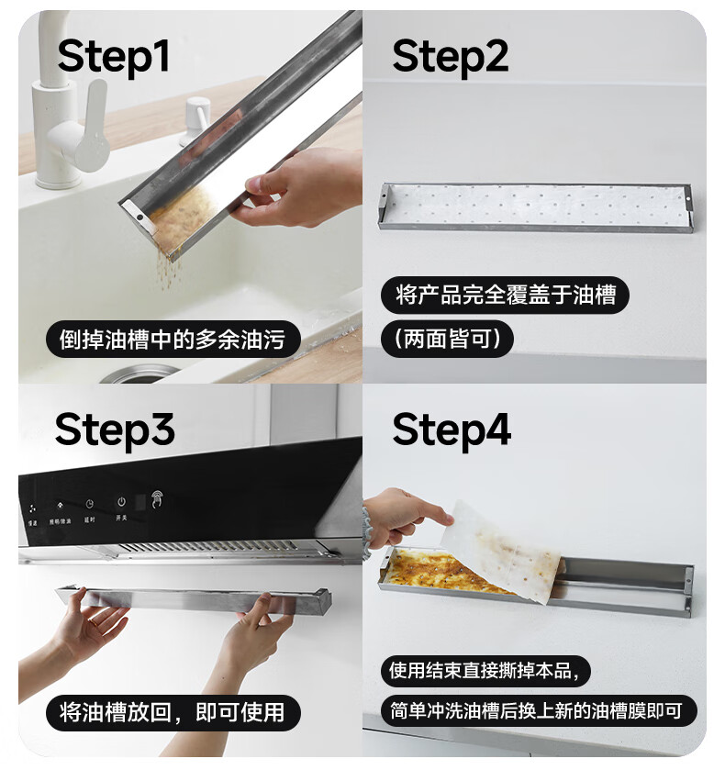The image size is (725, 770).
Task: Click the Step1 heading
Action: click(114, 57)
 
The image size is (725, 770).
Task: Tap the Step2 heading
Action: click(450, 57)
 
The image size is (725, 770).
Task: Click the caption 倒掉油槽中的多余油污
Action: click(173, 340)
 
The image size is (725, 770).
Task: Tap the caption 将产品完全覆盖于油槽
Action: click(506, 296)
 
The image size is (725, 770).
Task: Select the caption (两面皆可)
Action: click(447, 339)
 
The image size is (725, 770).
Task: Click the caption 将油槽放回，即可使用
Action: click(173, 712)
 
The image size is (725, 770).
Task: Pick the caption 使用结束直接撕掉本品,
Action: click(485, 671)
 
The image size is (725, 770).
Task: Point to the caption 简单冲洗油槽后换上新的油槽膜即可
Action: click(539, 710)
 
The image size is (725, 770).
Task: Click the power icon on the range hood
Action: click(121, 502)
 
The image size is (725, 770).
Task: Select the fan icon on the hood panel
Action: click(32, 508)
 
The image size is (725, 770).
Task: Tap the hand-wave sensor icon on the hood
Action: click(157, 499)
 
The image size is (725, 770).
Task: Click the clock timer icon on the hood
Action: click(89, 505)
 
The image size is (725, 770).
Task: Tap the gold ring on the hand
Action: click(94, 620)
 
